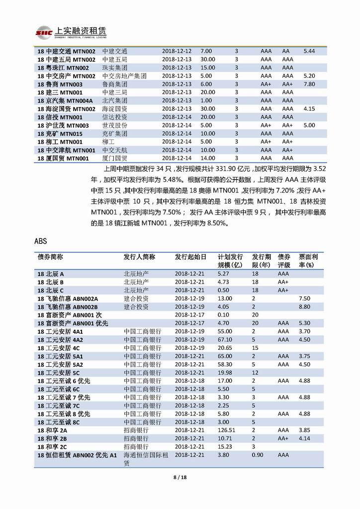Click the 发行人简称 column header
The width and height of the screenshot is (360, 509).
tap(139, 257)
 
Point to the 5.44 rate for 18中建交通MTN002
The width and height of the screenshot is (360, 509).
tap(309, 51)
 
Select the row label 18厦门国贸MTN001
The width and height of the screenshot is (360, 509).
tap(63, 158)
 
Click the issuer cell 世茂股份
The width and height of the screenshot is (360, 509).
tap(114, 125)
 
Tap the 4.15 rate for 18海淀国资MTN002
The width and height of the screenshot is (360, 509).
tap(309, 108)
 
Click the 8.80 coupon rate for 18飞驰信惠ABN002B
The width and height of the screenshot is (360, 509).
tap(305, 306)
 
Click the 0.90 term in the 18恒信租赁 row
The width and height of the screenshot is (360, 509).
tap(257, 455)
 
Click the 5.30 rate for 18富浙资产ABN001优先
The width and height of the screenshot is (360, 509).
tap(305, 323)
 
